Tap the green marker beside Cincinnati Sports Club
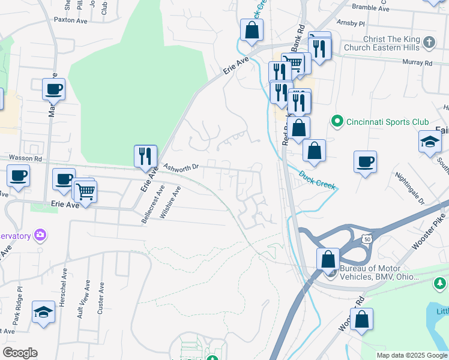[337, 122]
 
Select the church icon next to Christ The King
[429, 42]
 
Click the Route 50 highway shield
[366, 239]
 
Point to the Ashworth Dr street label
[181, 167]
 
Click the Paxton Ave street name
[71, 19]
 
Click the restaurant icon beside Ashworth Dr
[145, 155]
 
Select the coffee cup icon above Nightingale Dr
[365, 161]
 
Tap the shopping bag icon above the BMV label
[328, 259]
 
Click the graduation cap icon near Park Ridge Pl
[43, 311]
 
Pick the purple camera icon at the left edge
[40, 235]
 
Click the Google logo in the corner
[20, 353]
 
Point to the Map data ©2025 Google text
[411, 355]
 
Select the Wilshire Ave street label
[176, 199]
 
